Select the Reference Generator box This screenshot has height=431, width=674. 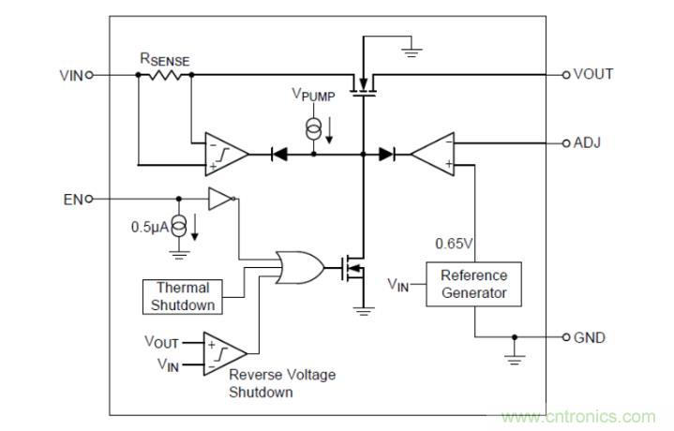pos(473,284)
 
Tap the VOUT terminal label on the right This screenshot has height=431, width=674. pos(592,74)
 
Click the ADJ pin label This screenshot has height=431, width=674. pos(587,142)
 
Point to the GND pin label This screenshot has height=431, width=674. pos(590,336)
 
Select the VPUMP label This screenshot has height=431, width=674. pos(313,96)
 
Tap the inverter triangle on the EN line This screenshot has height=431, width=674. pos(219,199)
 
